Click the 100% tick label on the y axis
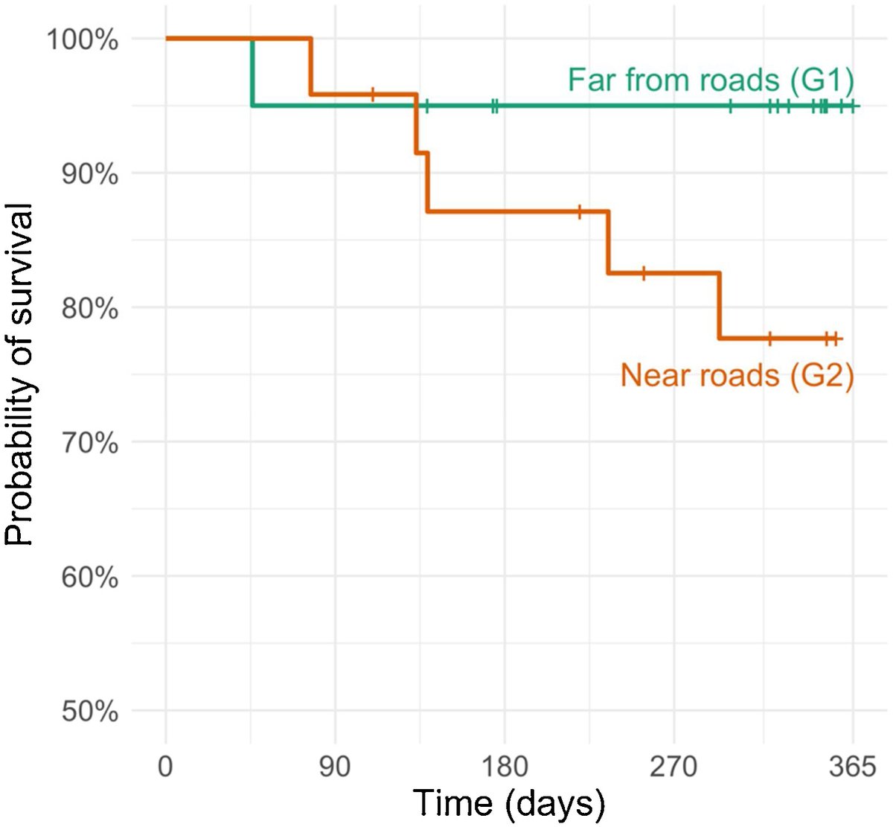coord(83,39)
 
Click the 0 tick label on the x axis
coord(165,766)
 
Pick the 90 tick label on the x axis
coord(335,766)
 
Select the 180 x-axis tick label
coord(505,766)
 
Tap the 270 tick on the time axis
coord(673,766)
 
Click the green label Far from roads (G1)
coord(711,80)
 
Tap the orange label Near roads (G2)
coord(737,375)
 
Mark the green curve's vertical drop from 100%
coord(253,72)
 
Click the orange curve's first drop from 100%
coord(311,66)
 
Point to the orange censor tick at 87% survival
coord(580,211)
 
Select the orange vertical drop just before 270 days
coord(608,242)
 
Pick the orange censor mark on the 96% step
coord(373,94)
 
